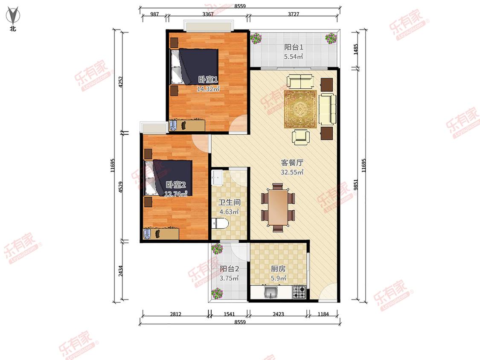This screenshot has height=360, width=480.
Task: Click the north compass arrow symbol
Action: pyautogui.click(x=12, y=16)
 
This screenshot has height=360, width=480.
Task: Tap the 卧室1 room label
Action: pyautogui.click(x=208, y=80)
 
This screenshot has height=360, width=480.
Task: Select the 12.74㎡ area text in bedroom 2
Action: pyautogui.click(x=176, y=194)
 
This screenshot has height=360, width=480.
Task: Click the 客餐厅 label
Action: pyautogui.click(x=292, y=163)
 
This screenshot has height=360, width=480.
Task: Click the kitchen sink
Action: pyautogui.click(x=271, y=292)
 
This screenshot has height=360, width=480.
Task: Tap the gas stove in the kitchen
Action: pyautogui.click(x=299, y=292)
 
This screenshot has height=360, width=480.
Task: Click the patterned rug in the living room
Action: pyautogui.click(x=300, y=109)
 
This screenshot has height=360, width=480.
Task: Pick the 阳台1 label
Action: pyautogui.click(x=294, y=47)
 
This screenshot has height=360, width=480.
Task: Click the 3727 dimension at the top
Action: pyautogui.click(x=293, y=14)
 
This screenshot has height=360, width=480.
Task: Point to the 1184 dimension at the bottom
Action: pyautogui.click(x=323, y=314)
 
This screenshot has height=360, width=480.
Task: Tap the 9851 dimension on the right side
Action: pyautogui.click(x=355, y=185)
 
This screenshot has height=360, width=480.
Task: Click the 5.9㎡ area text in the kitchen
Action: pyautogui.click(x=279, y=278)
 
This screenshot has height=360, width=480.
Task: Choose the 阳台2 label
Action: pyautogui.click(x=229, y=269)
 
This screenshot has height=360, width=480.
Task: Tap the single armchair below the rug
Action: pyautogui.click(x=300, y=137)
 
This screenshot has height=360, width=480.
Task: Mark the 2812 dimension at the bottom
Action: pyautogui.click(x=176, y=314)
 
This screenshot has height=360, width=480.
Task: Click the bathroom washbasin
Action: pyautogui.click(x=218, y=177)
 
